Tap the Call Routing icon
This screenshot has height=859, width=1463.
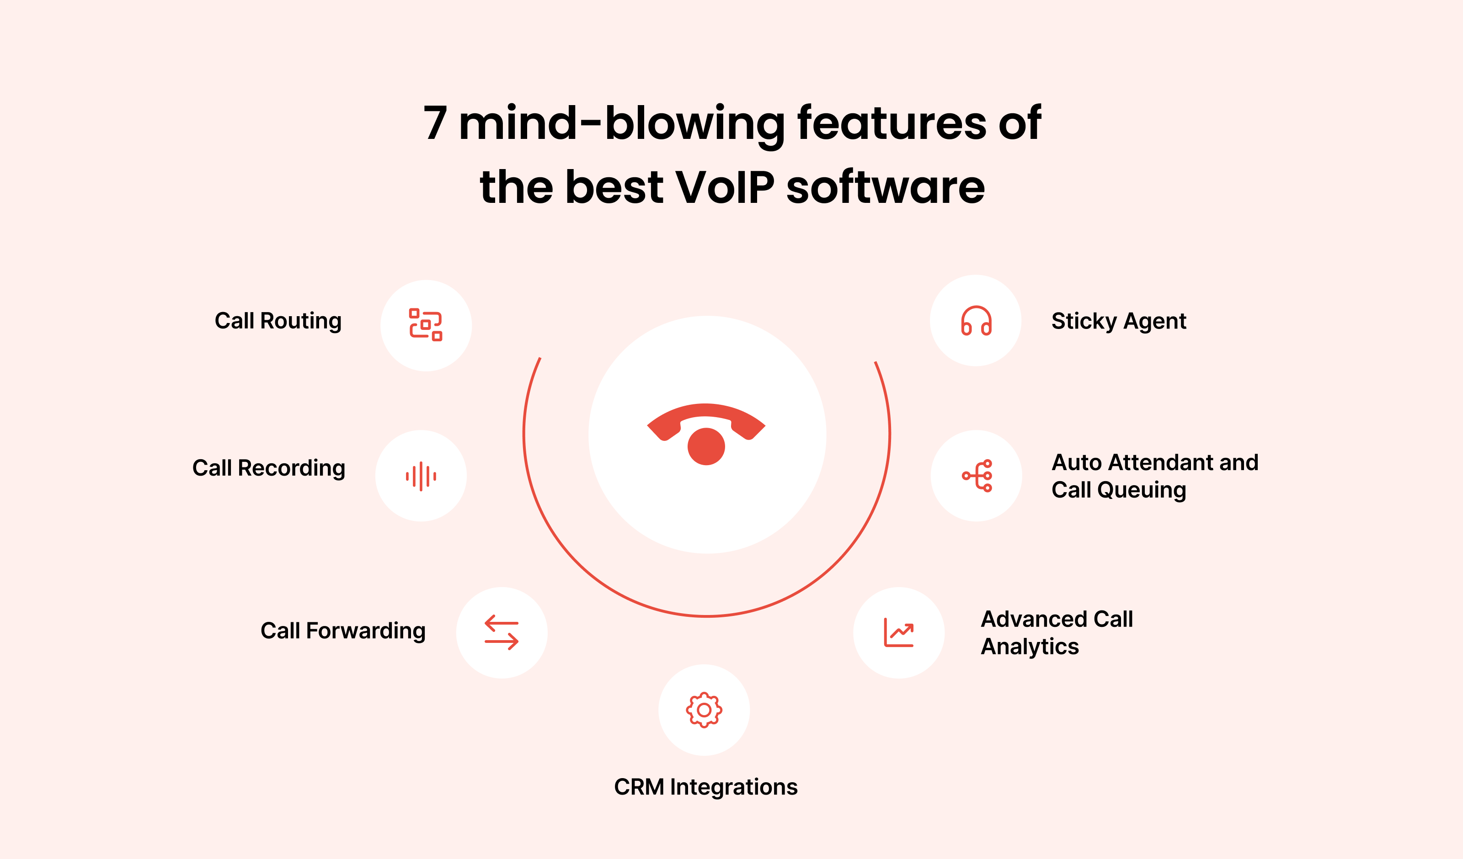tap(426, 324)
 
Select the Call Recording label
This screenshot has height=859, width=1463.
tap(269, 468)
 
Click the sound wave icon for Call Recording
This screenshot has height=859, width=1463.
tap(421, 477)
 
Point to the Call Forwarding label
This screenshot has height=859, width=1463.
tap(343, 631)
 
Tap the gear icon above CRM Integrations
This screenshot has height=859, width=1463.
tap(704, 710)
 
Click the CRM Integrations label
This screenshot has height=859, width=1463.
tap(706, 787)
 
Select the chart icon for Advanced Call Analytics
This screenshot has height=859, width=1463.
tap(899, 633)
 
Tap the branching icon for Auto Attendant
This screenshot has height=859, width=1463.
tap(977, 476)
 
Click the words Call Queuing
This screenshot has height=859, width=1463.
tap(1119, 490)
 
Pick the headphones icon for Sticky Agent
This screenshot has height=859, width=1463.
tap(977, 320)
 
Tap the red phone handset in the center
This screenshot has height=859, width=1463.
tap(706, 422)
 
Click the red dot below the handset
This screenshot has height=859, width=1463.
tap(706, 446)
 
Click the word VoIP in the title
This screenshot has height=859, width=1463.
tap(725, 187)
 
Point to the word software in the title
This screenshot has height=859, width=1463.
tap(886, 187)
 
